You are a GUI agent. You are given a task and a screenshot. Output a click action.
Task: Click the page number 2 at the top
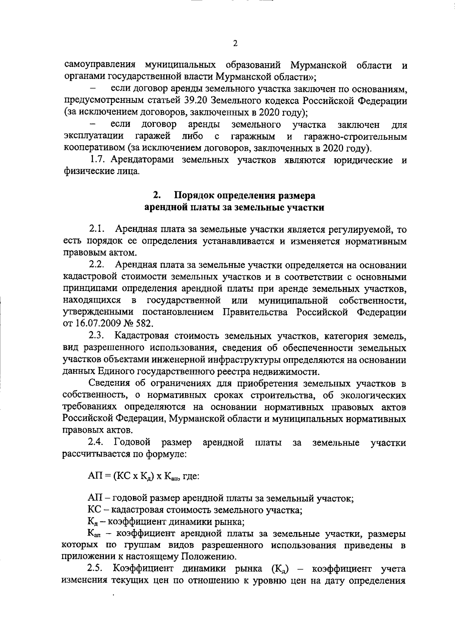(x=235, y=44)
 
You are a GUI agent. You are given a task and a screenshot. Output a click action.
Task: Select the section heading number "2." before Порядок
(x=156, y=196)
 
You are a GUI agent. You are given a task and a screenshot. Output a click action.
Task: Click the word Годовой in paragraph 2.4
(x=133, y=442)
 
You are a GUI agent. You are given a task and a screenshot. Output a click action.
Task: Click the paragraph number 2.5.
(x=95, y=569)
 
